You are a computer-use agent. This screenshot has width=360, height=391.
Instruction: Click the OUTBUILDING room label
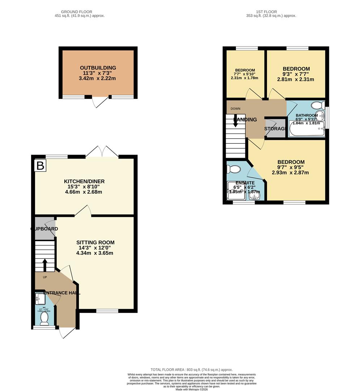pos(98,68)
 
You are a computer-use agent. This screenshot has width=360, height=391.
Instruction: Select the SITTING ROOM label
pos(95,243)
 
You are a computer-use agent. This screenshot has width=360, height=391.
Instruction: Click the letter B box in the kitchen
pos(40,166)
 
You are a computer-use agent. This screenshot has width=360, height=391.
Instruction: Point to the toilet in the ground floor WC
pos(45,319)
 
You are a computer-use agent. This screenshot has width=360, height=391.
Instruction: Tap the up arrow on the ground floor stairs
pos(45,265)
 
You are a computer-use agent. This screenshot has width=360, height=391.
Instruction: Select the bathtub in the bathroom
pos(306,131)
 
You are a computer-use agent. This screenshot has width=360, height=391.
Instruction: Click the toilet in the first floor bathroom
pos(318,106)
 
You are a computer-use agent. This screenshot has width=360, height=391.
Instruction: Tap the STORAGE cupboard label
pos(275,129)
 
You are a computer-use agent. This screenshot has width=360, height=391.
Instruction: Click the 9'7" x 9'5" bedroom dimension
pos(291,167)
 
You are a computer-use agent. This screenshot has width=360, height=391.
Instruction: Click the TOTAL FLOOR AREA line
pos(191,369)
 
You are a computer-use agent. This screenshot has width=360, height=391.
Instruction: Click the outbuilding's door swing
pos(100,102)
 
